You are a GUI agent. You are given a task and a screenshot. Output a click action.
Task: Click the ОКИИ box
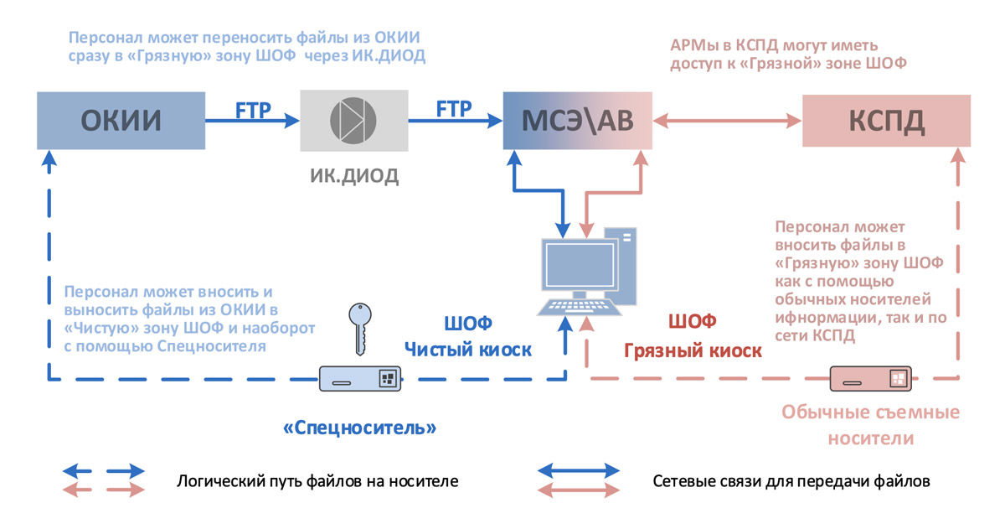pos(121,121)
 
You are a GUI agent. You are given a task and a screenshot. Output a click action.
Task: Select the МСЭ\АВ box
pos(577,121)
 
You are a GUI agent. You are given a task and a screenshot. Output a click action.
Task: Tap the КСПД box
pos(887,121)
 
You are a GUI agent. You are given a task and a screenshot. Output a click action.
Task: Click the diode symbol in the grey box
pos(353,121)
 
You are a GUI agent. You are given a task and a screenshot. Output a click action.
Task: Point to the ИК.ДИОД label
pos(353,175)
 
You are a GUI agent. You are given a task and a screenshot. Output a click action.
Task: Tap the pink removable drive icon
pos(871,379)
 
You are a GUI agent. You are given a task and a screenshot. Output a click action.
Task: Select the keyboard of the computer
pos(578,307)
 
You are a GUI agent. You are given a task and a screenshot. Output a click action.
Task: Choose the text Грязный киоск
pos(693,350)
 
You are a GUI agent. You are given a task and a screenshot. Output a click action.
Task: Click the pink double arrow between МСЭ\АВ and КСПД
pos(727,121)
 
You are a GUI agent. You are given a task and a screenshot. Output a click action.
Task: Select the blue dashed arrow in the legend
pos(103,471)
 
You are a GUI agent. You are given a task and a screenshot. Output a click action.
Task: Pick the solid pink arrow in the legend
pos(579,491)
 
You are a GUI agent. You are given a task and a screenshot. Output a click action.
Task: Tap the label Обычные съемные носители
pos(870,425)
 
